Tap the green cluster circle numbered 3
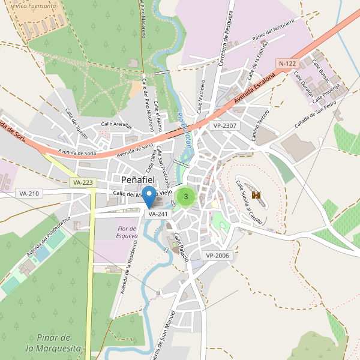(x=186, y=196)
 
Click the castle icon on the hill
(x=256, y=195)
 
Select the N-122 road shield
(x=287, y=63)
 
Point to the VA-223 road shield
(x=82, y=182)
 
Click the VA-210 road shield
(x=29, y=193)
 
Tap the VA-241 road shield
(x=158, y=214)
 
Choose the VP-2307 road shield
(x=225, y=125)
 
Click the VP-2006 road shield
(x=217, y=256)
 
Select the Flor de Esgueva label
(x=127, y=232)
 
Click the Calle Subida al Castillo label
(x=248, y=202)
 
